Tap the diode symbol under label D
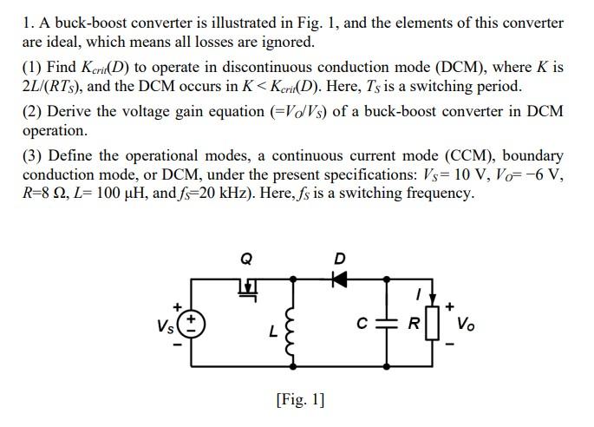pos(339,279)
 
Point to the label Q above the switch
pos(246,257)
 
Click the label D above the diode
pos(339,257)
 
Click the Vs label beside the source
pos(165,327)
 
